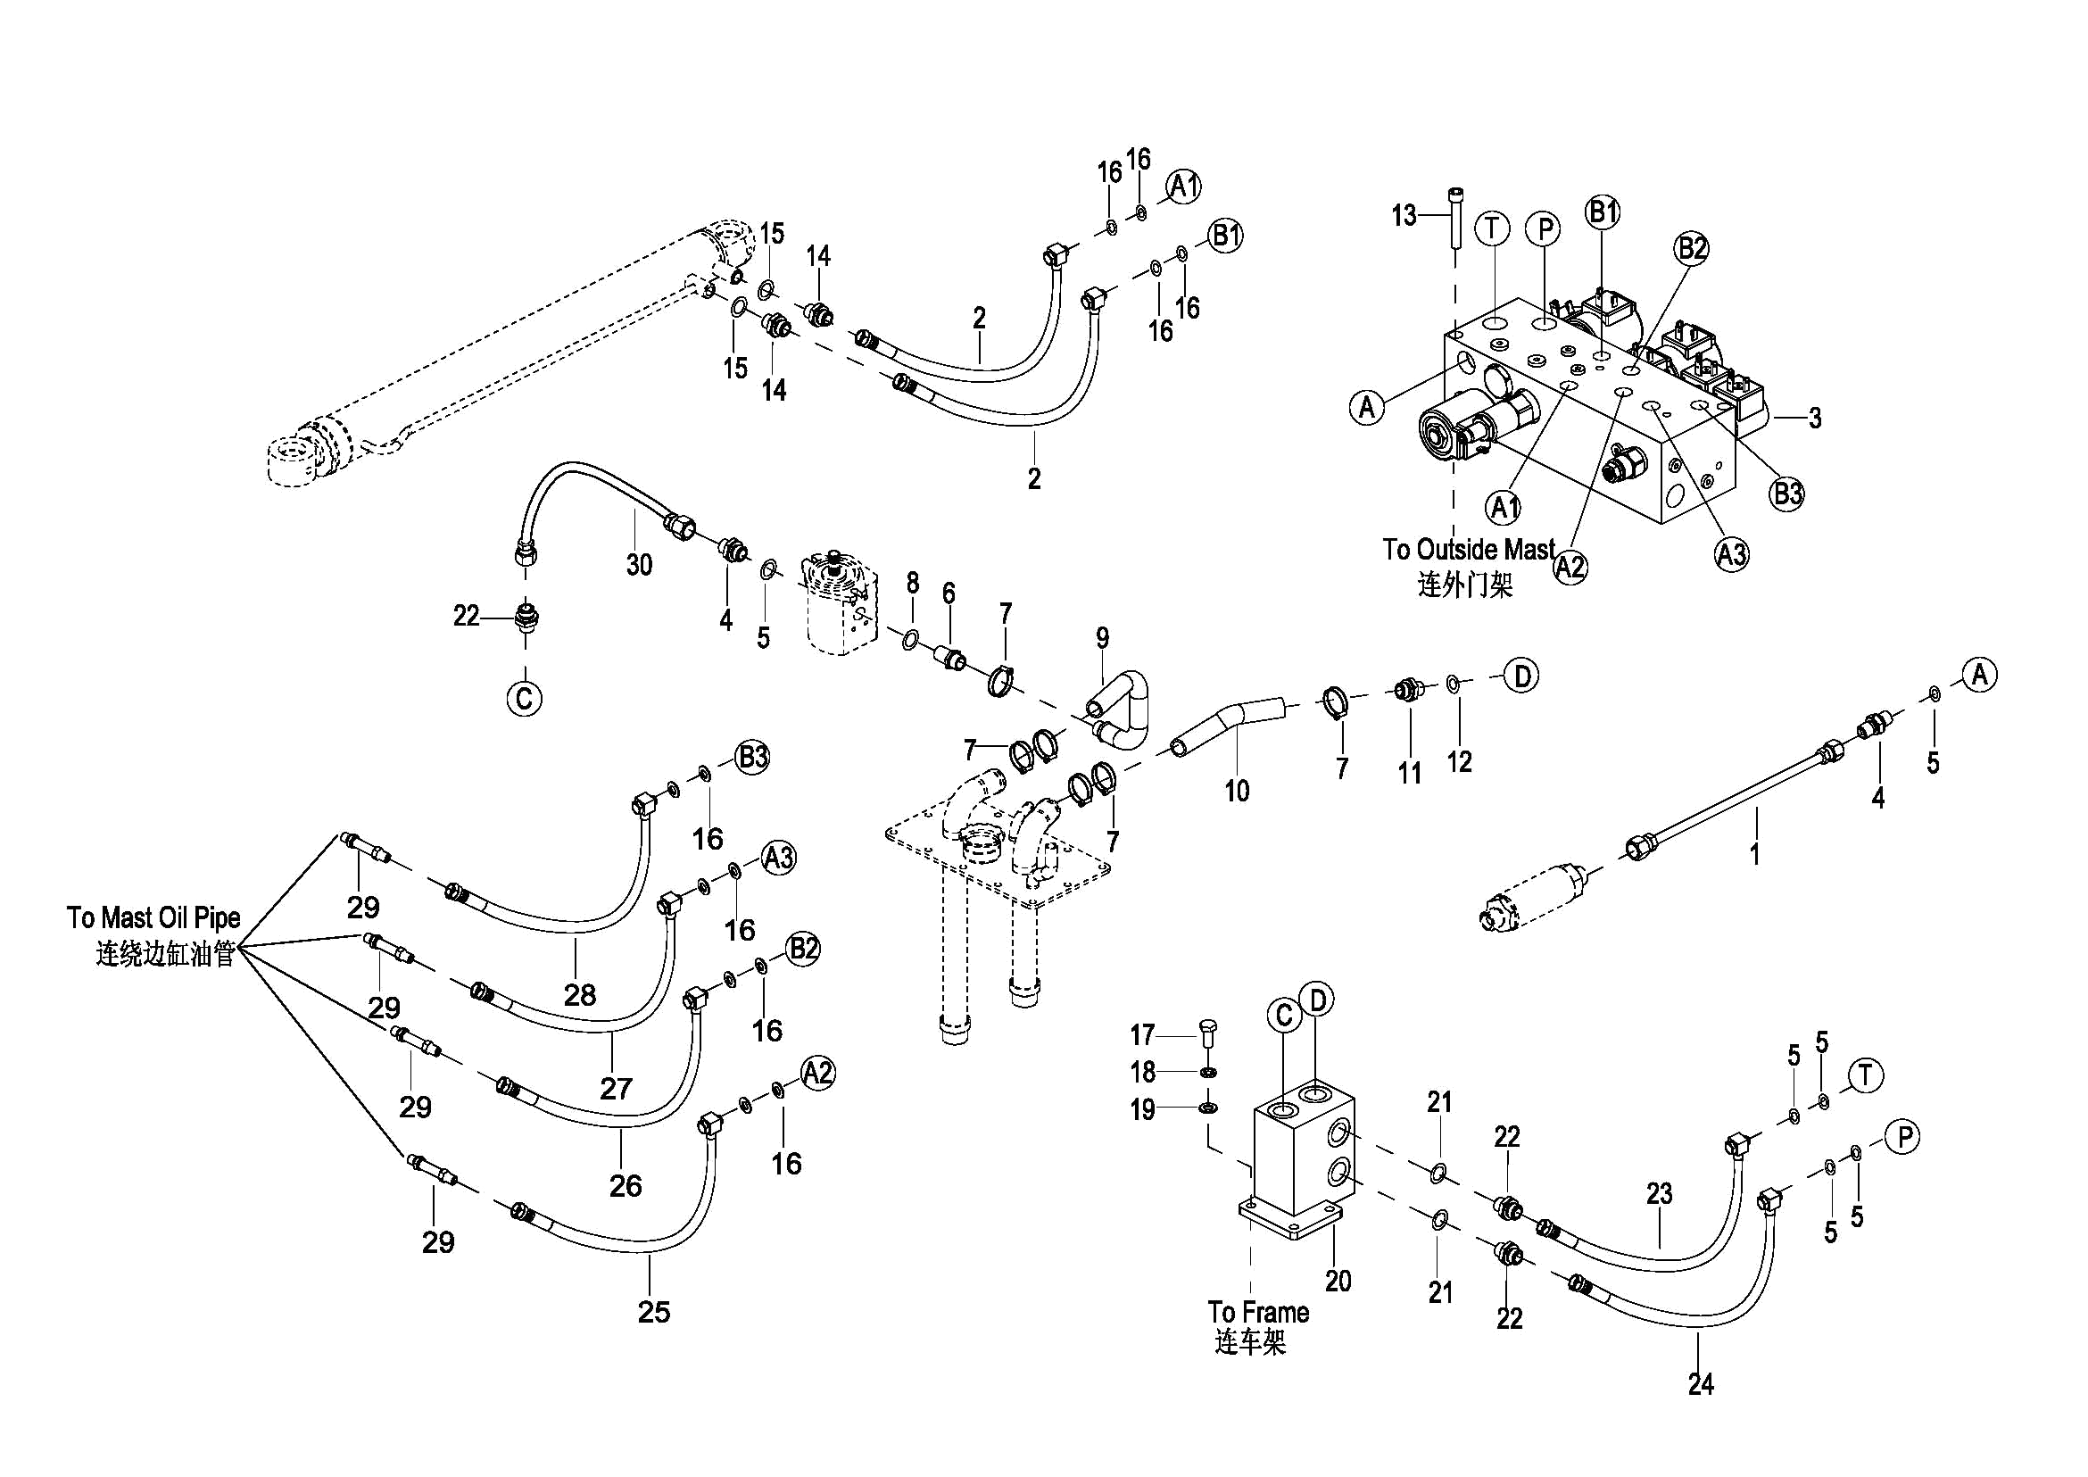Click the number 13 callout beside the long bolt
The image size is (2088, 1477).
point(1404,216)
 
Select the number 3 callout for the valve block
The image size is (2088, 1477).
point(1814,419)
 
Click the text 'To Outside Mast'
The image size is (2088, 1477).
point(1469,550)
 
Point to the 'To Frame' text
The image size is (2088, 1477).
point(1258,1313)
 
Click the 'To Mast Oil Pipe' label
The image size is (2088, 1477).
point(153,917)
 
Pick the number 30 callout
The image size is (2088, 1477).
point(639,565)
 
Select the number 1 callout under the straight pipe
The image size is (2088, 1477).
point(1754,853)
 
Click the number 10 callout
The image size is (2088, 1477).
point(1237,792)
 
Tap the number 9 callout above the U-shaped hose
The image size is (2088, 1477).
point(1102,637)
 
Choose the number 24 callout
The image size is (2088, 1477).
point(1701,1384)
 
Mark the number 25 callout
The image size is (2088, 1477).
point(654,1312)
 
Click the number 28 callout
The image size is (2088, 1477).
point(579,995)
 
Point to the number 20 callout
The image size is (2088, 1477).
point(1338,1281)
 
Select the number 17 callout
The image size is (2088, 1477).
point(1142,1035)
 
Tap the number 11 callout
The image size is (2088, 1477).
point(1410,773)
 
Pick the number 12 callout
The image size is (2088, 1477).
point(1459,761)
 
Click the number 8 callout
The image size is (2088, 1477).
point(912,582)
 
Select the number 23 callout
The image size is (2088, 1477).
point(1659,1193)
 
